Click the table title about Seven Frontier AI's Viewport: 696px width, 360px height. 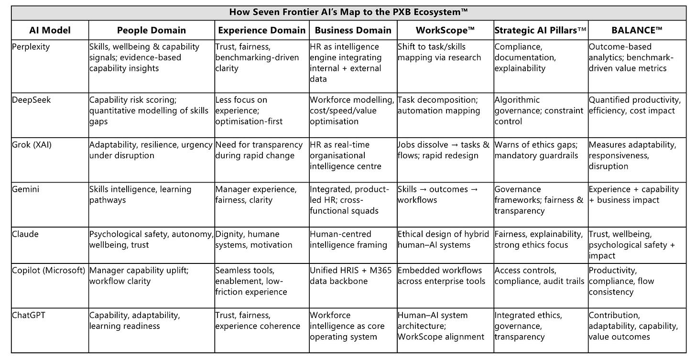[348, 12]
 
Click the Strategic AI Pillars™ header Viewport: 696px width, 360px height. [540, 30]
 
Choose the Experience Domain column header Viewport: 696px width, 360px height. [261, 30]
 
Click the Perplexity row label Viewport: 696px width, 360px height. [30, 47]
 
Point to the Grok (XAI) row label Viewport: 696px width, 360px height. [32, 145]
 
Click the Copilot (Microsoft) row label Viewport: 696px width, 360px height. [49, 271]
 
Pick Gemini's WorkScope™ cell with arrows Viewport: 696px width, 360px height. [438, 195]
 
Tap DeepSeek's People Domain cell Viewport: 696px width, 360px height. [149, 110]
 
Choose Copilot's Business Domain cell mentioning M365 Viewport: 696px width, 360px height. [350, 276]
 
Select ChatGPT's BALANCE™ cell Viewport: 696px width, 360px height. [633, 326]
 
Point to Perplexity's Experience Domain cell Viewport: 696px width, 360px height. [257, 57]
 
